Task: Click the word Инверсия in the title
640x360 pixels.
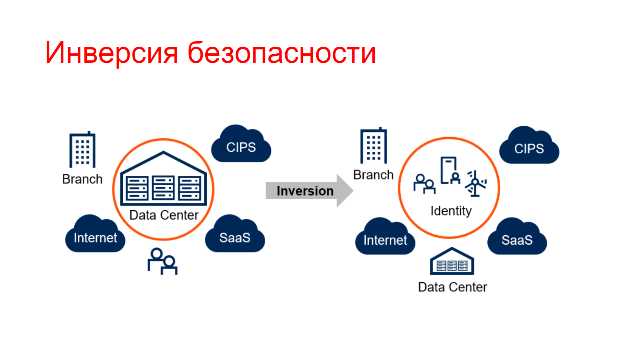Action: pos(111,53)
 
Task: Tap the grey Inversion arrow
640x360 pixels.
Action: pos(310,191)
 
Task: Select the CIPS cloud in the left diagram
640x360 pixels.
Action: pos(241,144)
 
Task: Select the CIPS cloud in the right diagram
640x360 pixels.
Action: pos(529,145)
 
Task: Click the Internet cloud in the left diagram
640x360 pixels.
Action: pos(95,234)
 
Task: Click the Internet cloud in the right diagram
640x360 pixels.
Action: pos(385,236)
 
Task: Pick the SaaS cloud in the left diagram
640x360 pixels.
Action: pos(235,234)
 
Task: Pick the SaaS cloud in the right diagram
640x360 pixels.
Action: pos(517,236)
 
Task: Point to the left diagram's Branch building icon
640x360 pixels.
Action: pos(82,149)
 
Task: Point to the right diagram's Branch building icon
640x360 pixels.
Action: pos(374,145)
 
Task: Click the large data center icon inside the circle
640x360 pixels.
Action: pos(163,178)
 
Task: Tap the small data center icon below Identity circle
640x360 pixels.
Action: pos(452,261)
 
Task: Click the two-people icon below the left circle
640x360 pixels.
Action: pos(162,262)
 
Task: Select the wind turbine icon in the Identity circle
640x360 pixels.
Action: pos(475,184)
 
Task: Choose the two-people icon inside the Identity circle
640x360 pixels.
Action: pos(425,184)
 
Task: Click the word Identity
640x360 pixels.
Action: pos(451,211)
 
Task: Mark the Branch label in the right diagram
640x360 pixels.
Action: pos(374,175)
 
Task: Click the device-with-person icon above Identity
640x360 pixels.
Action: pos(450,171)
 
